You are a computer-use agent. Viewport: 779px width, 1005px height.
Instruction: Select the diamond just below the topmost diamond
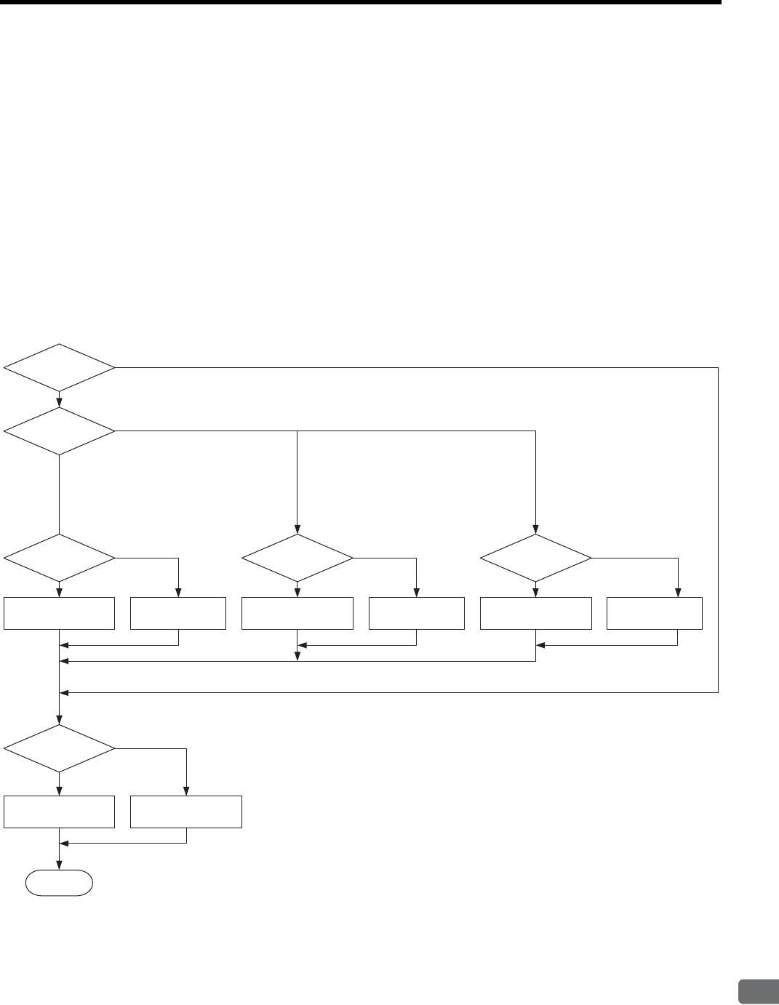[x=59, y=431]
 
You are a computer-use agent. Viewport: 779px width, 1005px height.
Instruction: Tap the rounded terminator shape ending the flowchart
[x=60, y=883]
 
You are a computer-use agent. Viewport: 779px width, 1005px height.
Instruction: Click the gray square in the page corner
[x=756, y=992]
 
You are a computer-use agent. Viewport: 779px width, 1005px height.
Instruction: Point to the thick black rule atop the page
[x=360, y=3]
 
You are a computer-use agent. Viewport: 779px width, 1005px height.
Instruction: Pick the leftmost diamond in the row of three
[x=59, y=558]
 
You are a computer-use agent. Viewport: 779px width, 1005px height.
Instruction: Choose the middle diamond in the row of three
[x=297, y=558]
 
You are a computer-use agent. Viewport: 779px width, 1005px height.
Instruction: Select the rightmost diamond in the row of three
[x=536, y=558]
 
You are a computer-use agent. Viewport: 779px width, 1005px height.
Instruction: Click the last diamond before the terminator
[x=59, y=748]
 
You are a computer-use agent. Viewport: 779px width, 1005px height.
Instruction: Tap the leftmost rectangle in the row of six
[x=59, y=613]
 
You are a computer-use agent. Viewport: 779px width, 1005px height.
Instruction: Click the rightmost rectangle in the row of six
[x=655, y=613]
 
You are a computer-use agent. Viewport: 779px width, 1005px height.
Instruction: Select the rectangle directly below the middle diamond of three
[x=297, y=613]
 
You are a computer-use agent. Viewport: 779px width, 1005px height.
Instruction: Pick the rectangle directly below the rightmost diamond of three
[x=536, y=613]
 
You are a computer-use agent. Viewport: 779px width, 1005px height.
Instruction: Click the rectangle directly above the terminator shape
[x=59, y=812]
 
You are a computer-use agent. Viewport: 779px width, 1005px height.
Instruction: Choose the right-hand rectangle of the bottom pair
[x=186, y=812]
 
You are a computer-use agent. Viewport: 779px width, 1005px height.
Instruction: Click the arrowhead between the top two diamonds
[x=59, y=402]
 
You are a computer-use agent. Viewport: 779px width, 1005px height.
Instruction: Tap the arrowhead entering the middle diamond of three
[x=297, y=529]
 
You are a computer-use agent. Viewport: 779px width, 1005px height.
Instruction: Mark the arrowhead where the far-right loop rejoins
[x=65, y=693]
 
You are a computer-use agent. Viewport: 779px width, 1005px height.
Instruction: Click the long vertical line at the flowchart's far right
[x=719, y=531]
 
